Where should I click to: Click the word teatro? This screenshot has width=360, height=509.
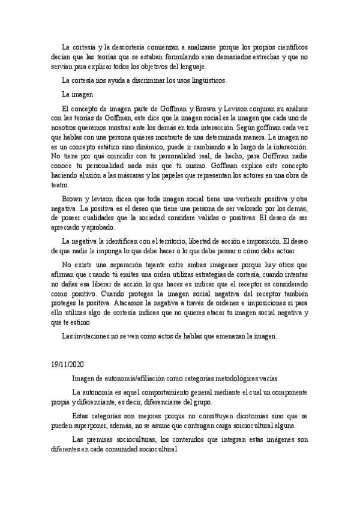[x=60, y=184]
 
